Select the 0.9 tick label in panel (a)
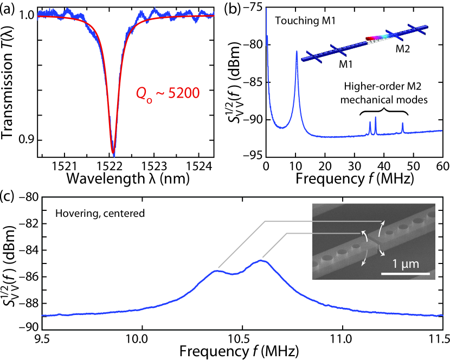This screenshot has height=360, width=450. pos(25,140)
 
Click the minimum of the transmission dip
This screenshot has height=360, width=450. pos(113,155)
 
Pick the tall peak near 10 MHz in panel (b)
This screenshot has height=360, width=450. pos(297,52)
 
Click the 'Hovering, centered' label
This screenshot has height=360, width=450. pos(99,213)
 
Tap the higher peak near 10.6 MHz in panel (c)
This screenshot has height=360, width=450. pos(262,261)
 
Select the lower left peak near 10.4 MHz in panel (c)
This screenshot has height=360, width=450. pos(216,271)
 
